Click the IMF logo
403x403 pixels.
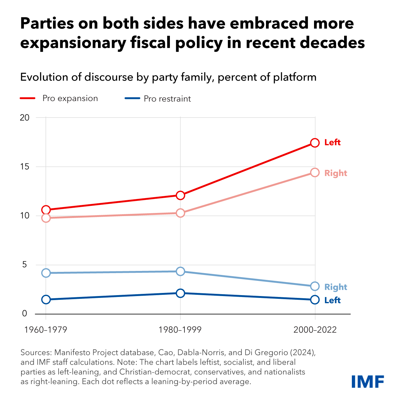(368, 381)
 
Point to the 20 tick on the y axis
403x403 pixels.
(24, 117)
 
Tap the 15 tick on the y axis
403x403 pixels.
(24, 167)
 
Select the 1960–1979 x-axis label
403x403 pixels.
(46, 330)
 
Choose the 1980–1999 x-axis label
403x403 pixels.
(180, 330)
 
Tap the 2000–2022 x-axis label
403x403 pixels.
(315, 330)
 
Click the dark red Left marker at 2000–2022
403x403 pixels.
(315, 143)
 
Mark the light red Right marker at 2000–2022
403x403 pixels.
(315, 172)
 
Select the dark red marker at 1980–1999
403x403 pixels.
(180, 195)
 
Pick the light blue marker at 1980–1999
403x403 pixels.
(180, 272)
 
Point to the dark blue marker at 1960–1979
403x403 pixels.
(46, 299)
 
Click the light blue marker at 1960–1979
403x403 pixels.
(46, 273)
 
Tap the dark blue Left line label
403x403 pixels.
(332, 300)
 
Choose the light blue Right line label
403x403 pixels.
(336, 287)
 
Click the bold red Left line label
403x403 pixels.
(332, 143)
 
